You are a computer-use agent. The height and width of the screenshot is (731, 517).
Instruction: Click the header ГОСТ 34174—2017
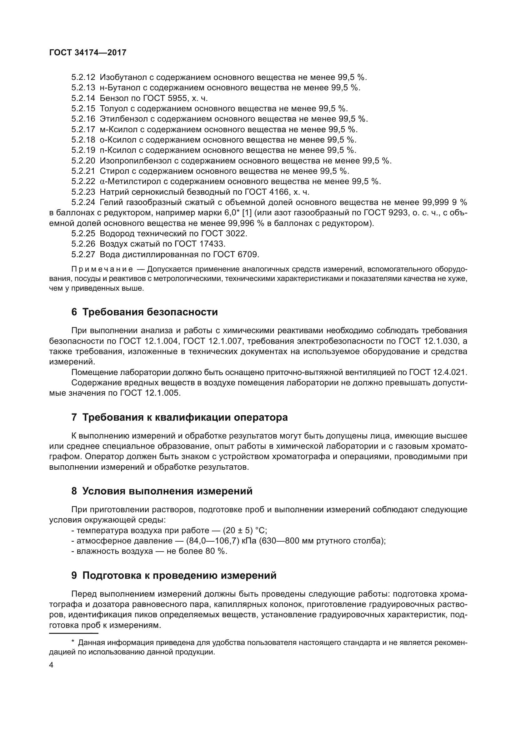pos(88,53)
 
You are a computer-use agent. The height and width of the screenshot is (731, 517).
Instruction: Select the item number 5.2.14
pos(83,98)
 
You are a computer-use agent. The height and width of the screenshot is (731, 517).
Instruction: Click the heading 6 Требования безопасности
pos(144,312)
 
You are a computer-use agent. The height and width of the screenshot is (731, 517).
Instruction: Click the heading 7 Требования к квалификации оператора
pos(179,418)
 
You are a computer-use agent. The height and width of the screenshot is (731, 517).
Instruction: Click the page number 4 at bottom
pos(51,665)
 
